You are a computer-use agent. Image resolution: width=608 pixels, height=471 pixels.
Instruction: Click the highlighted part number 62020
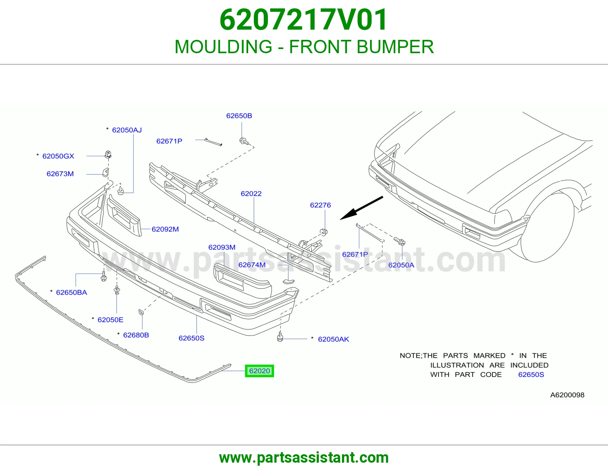[260, 371]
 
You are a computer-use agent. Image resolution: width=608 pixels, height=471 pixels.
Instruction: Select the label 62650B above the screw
[239, 116]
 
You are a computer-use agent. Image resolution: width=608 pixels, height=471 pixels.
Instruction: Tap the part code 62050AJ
[127, 130]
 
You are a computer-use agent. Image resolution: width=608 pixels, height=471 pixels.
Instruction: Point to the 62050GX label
[58, 156]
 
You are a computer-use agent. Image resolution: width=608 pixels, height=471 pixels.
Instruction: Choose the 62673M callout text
[60, 174]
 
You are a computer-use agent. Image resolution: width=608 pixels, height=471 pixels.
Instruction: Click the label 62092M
[165, 229]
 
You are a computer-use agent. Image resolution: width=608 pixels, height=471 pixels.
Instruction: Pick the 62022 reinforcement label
[251, 194]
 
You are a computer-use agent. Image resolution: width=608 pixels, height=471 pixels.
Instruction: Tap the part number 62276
[320, 205]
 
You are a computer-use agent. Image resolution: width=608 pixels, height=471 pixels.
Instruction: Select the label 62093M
[222, 247]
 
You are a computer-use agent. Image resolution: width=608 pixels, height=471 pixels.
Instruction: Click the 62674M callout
[252, 265]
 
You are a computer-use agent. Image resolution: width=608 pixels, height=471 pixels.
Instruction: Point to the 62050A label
[401, 265]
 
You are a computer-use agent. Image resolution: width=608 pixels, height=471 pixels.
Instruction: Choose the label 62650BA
[71, 292]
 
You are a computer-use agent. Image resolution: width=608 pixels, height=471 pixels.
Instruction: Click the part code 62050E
[110, 320]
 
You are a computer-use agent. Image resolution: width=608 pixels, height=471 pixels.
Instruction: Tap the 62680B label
[136, 335]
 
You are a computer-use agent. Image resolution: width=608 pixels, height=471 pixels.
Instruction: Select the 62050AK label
[334, 339]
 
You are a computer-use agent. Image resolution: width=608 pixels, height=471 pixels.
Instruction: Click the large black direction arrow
[361, 208]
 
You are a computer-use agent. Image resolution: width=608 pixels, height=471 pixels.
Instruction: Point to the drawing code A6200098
[567, 395]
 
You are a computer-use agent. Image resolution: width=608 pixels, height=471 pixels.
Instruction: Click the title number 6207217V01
[304, 20]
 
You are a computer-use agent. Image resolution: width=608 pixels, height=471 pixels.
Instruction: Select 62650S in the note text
[531, 375]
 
